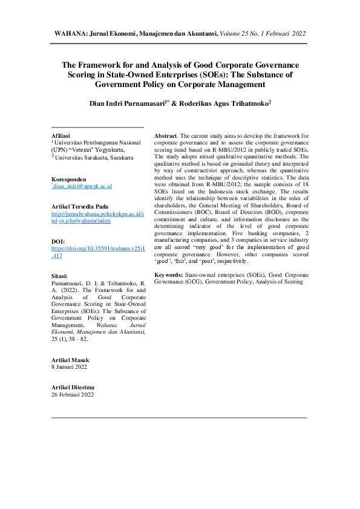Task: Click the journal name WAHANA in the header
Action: point(71,34)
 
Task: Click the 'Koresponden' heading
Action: point(68,180)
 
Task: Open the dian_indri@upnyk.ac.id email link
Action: point(82,187)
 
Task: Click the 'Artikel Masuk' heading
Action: point(71,360)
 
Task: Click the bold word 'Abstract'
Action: point(166,137)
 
